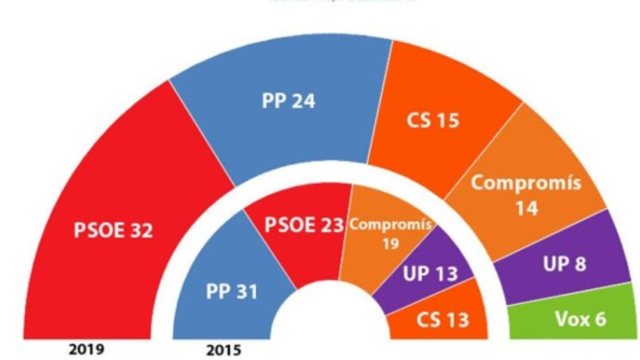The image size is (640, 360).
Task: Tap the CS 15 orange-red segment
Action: (433, 121)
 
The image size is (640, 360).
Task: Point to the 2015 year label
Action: (222, 350)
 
